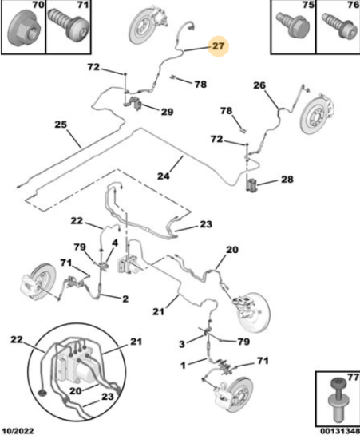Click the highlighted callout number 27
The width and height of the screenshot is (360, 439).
tap(219, 46)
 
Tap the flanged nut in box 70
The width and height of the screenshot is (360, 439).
tap(25, 30)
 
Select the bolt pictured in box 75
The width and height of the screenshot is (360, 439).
tap(292, 25)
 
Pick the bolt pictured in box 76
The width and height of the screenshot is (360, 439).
tap(338, 26)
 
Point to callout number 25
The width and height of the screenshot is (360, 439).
tap(61, 124)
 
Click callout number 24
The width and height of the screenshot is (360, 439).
tap(163, 176)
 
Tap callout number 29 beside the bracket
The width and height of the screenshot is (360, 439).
tap(167, 112)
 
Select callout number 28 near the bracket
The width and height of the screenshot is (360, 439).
tap(287, 179)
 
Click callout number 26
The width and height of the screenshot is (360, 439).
tap(259, 85)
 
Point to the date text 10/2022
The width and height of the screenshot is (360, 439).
tap(18, 431)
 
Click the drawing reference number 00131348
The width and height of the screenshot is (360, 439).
tap(340, 431)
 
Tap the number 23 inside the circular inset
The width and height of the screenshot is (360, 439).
tap(108, 397)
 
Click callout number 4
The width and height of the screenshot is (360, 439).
tap(115, 243)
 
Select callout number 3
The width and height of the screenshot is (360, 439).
tap(182, 343)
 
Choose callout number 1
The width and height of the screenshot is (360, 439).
tap(183, 365)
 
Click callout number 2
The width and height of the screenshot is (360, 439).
tap(125, 299)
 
